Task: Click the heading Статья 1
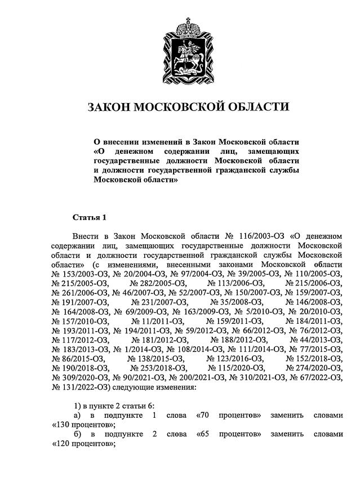[89, 217]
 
